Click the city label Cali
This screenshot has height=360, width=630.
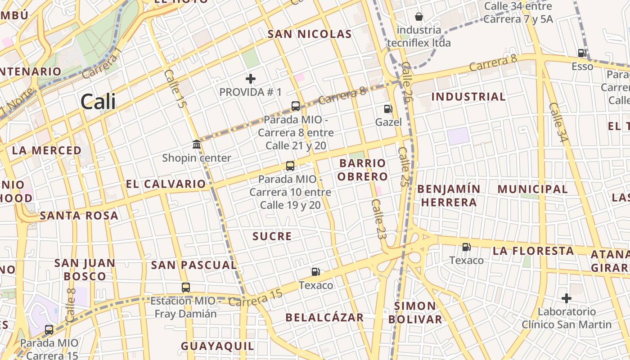(x=98, y=102)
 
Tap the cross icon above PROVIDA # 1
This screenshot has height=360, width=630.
(x=251, y=79)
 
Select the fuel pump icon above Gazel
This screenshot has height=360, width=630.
(x=388, y=108)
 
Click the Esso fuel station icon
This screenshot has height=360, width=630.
(x=582, y=53)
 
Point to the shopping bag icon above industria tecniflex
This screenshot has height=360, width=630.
(x=419, y=17)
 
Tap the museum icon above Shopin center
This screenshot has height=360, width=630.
(x=197, y=144)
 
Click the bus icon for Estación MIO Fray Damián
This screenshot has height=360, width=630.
(x=186, y=287)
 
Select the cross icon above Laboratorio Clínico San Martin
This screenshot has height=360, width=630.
(x=567, y=298)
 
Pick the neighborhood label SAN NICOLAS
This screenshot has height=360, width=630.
(x=310, y=34)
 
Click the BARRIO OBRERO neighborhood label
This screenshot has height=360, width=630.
(x=363, y=170)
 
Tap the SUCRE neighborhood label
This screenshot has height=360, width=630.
(x=272, y=236)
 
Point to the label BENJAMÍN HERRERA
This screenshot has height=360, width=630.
(x=449, y=195)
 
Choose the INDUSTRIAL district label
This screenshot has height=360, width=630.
(x=468, y=97)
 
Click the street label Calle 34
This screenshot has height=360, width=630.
(x=557, y=122)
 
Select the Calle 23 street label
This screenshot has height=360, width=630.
(x=378, y=219)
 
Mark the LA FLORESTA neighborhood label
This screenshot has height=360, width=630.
(x=533, y=251)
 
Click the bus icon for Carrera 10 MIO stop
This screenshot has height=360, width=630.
(x=290, y=166)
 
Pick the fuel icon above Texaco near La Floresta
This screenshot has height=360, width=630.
(x=466, y=247)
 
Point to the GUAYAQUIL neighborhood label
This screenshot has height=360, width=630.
(x=218, y=346)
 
